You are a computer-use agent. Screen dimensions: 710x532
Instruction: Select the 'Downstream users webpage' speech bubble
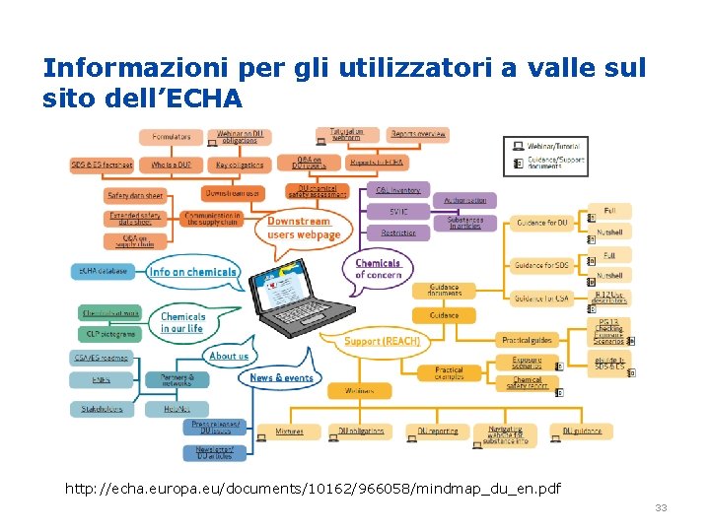click(x=304, y=228)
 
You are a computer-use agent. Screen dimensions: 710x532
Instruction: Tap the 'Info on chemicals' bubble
click(x=193, y=271)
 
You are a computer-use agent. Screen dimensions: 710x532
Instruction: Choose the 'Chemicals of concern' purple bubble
click(x=378, y=268)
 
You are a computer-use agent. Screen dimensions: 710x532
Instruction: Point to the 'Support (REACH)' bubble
click(x=382, y=341)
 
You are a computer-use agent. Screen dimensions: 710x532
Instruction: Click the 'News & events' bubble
click(x=281, y=377)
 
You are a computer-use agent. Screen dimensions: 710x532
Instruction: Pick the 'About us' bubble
click(x=229, y=356)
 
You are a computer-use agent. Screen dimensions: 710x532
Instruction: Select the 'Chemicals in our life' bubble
click(x=183, y=322)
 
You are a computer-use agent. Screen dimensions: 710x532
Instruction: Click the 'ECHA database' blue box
click(x=102, y=270)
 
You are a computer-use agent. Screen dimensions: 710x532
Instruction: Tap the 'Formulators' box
click(x=171, y=136)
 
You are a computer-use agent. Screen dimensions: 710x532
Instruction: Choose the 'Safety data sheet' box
click(x=134, y=196)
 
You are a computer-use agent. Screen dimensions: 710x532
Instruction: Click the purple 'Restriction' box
click(x=398, y=233)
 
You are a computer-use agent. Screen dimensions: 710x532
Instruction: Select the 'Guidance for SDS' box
click(x=541, y=264)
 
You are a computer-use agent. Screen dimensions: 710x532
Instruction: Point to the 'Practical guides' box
click(x=527, y=340)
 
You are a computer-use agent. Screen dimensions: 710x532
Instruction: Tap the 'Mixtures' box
click(x=289, y=431)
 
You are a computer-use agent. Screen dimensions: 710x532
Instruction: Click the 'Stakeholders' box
click(x=102, y=407)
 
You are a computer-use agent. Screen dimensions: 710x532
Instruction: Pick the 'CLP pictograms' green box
click(x=108, y=334)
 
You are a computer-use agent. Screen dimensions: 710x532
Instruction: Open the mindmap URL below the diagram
click(x=313, y=488)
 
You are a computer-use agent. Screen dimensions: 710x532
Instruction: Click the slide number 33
click(x=661, y=507)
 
